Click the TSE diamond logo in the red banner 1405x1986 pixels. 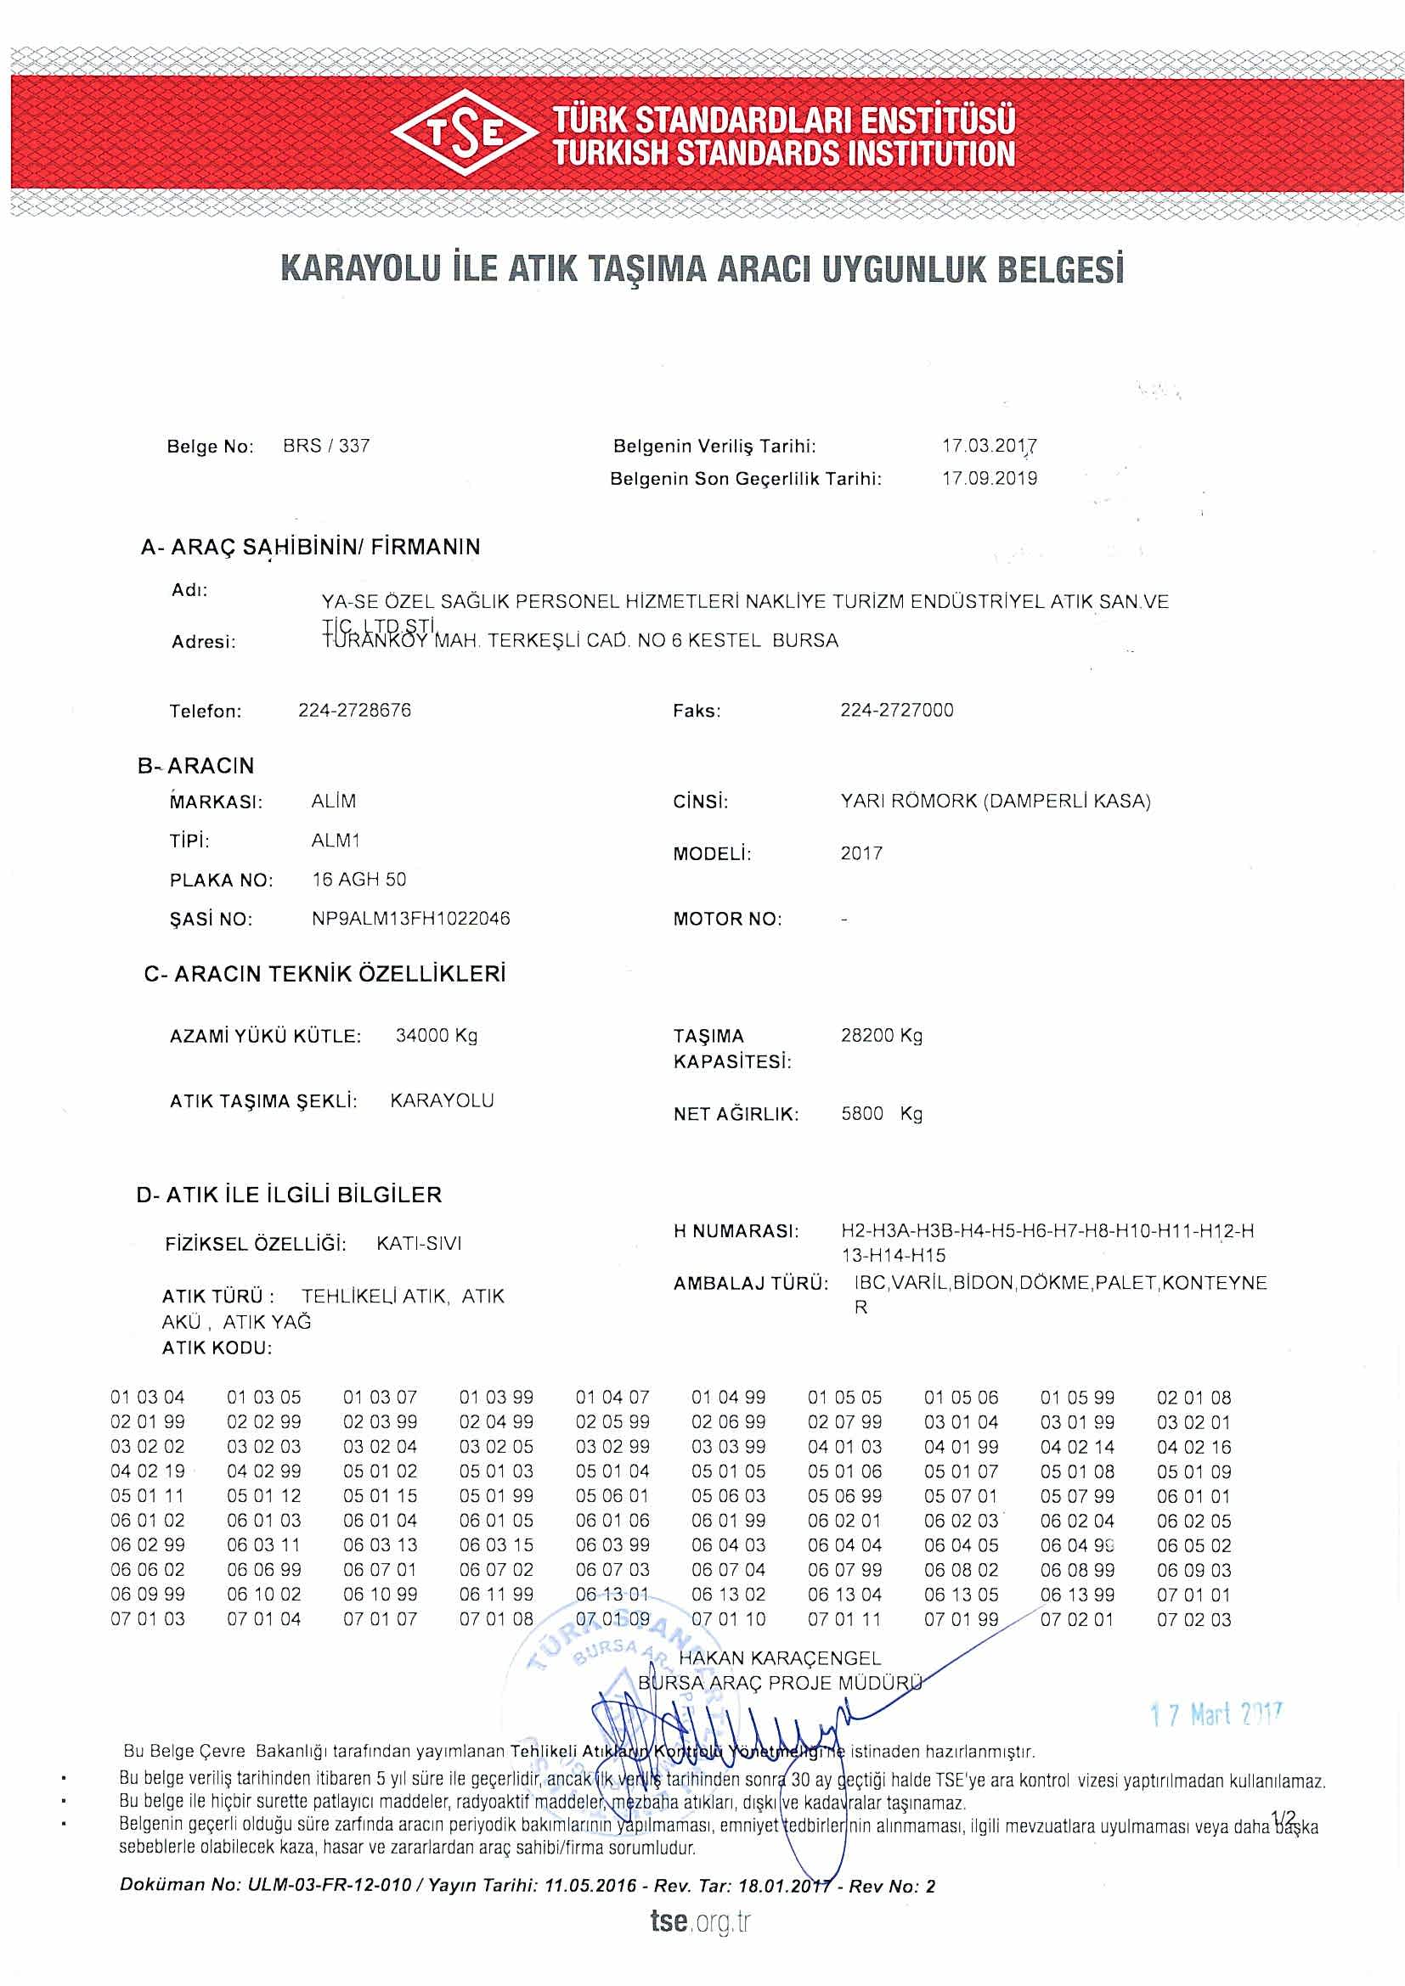pos(466,133)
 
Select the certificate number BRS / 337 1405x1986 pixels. pos(326,447)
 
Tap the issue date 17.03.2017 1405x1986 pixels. pos(989,447)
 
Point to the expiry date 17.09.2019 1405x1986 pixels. pos(989,478)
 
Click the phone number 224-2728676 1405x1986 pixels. pos(355,710)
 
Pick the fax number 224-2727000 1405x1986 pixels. pos(896,710)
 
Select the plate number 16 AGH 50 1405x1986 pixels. pos(359,880)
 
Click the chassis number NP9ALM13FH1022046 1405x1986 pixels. pos(411,919)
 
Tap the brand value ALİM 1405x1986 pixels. pos(333,801)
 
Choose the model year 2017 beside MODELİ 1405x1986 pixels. pos(861,853)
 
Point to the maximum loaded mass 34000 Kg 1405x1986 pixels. pos(436,1035)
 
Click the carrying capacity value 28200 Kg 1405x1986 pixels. pos(882,1035)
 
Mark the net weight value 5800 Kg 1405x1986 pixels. pos(882,1113)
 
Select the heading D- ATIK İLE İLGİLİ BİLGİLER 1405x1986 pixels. pos(289,1195)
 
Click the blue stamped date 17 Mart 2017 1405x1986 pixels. pos(1216,1714)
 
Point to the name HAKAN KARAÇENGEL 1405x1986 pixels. pos(780,1658)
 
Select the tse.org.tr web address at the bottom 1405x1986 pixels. pos(701,1921)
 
